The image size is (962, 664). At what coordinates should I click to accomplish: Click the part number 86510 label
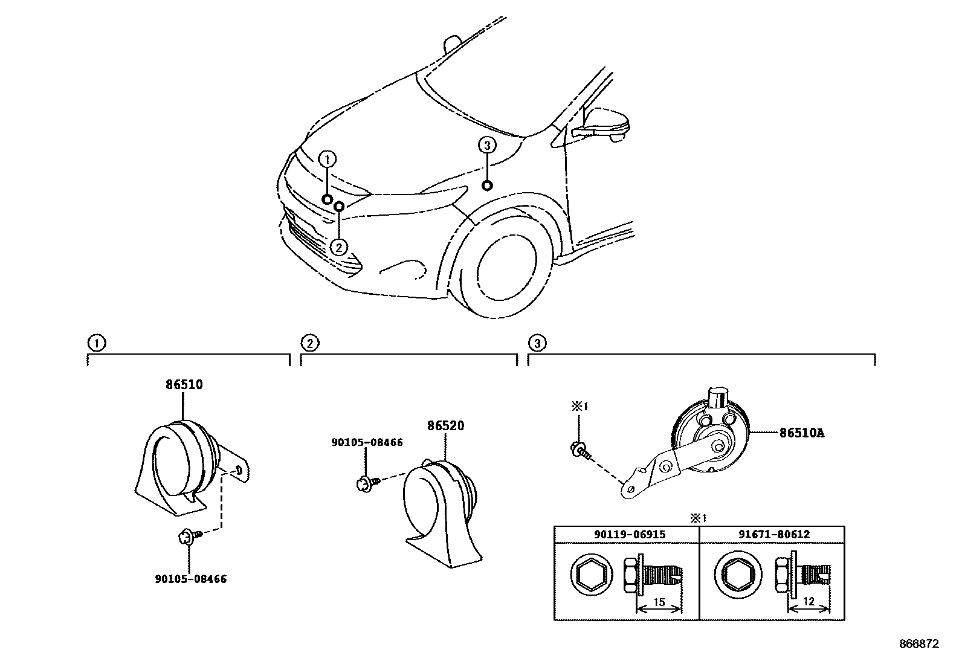[x=184, y=385]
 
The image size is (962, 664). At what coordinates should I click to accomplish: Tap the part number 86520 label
[x=445, y=426]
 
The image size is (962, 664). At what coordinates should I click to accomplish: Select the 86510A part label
[x=801, y=433]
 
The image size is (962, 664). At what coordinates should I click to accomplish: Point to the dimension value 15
[x=659, y=602]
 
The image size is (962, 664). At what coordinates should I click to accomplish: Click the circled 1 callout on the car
[x=326, y=159]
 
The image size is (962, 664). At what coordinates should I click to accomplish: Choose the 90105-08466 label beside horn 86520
[x=367, y=442]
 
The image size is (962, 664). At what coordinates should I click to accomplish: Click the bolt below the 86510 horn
[x=189, y=535]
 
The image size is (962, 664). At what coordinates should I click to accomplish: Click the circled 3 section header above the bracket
[x=537, y=344]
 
